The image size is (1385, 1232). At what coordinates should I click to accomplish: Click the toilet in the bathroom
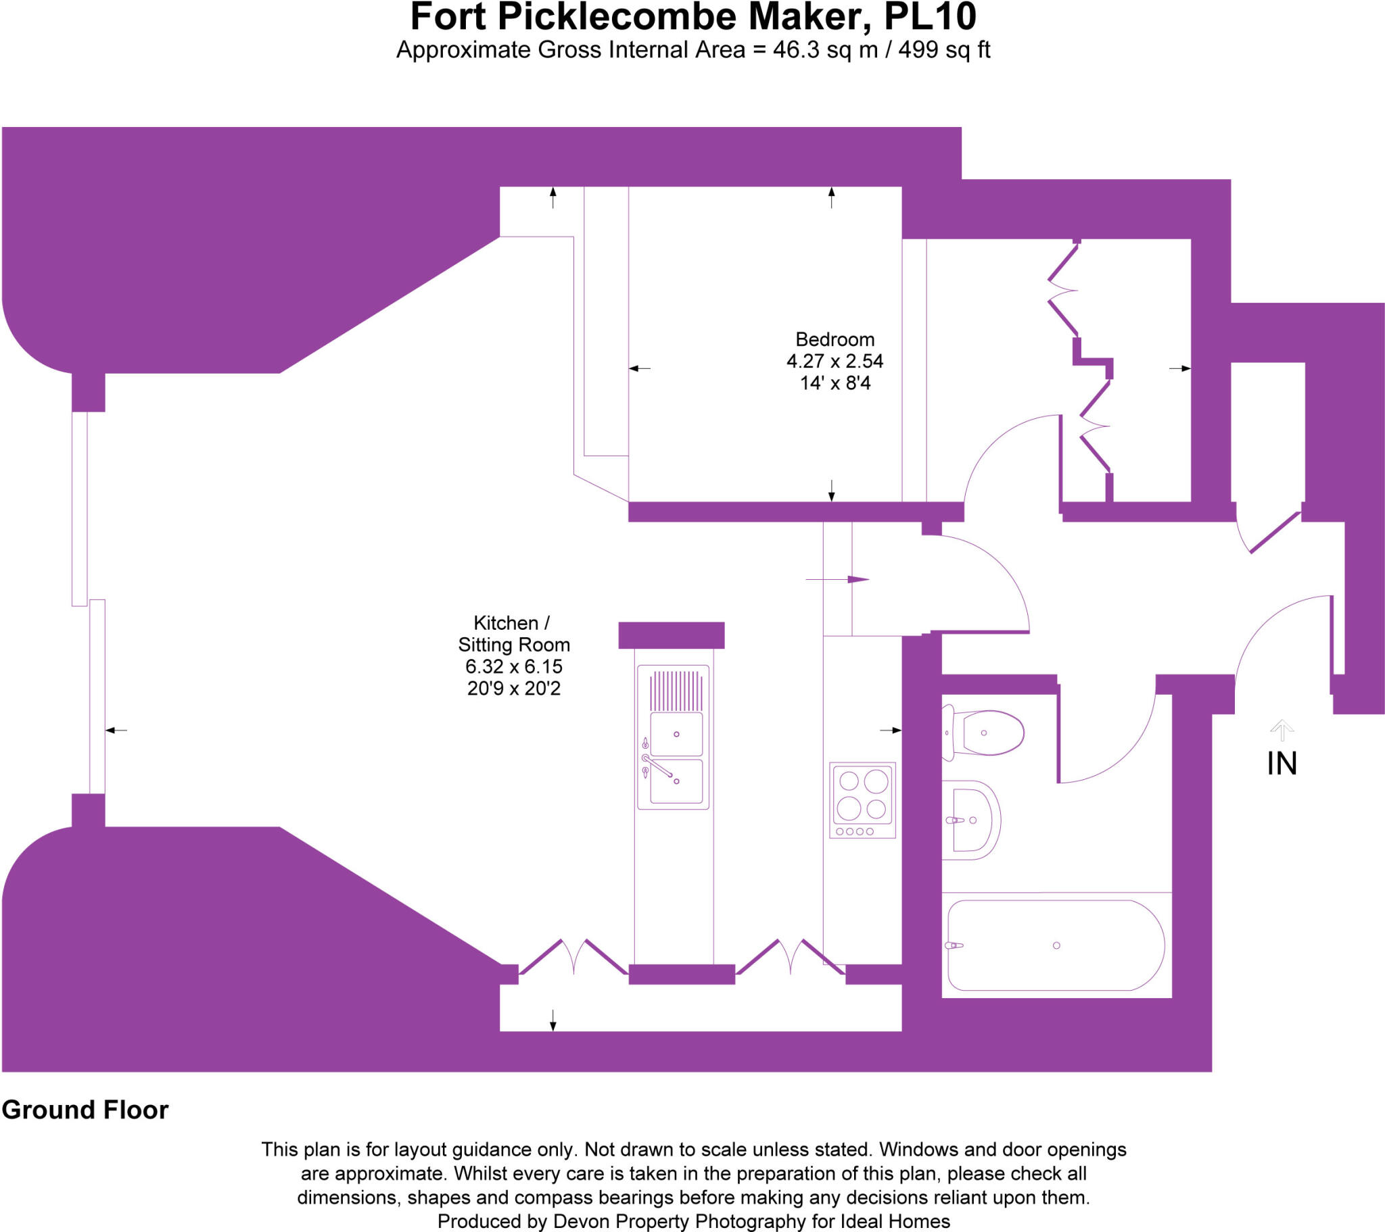coord(986,733)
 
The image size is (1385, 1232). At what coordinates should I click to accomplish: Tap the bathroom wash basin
coord(972,820)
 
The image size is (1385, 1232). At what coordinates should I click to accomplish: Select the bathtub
coord(1055,945)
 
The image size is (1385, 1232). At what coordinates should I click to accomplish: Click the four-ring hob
coord(862,800)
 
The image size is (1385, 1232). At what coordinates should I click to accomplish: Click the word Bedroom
coord(834,339)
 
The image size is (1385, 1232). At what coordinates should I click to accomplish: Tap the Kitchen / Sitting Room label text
coord(513,633)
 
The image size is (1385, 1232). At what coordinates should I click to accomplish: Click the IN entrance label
coord(1282,764)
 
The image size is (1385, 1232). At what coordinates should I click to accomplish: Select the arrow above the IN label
coord(1282,729)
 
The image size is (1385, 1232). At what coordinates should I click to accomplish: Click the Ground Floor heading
coord(85,1110)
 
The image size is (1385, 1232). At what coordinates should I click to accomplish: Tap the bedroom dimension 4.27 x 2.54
coord(834,361)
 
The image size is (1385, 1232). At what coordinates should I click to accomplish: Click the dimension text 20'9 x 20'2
coord(513,689)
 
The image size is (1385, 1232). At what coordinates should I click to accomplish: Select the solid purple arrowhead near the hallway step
coord(857,580)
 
